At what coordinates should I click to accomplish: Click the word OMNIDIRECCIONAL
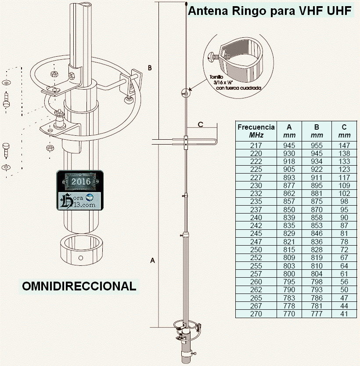(x=79, y=286)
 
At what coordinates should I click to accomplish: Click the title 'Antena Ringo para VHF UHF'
(x=270, y=11)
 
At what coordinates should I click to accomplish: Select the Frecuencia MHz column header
(x=256, y=131)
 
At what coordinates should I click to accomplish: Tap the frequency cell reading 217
(x=256, y=145)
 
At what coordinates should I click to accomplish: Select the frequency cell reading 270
(x=256, y=314)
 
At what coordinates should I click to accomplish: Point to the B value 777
(x=317, y=314)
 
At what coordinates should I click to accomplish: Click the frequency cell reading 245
(x=256, y=233)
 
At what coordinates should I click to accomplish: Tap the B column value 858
(x=317, y=217)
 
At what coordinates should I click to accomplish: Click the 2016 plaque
(x=81, y=181)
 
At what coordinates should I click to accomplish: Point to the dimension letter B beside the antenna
(x=150, y=68)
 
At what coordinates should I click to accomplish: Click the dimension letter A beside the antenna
(x=153, y=261)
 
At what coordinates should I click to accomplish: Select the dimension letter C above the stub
(x=200, y=124)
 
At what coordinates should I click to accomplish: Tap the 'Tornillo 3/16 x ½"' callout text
(x=237, y=83)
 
